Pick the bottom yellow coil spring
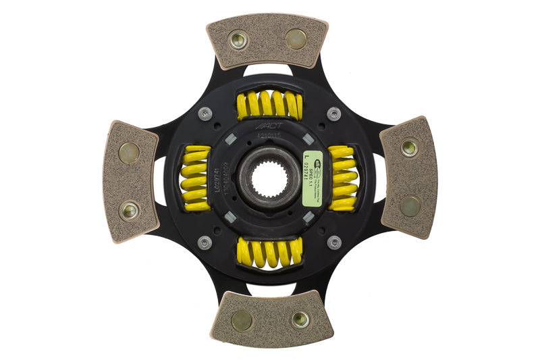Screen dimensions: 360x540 pos(268,253)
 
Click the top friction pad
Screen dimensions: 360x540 pos(267,41)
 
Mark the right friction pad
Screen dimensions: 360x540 pos(408,177)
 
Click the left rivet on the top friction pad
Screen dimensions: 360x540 pos(238,40)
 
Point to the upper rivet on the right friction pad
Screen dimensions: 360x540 pos(409,147)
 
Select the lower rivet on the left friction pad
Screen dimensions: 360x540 pos(128,211)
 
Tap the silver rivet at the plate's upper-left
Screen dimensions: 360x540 pos(205,113)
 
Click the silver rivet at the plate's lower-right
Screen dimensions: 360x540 pos(333,242)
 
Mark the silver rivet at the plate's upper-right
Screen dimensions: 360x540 pos(333,114)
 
